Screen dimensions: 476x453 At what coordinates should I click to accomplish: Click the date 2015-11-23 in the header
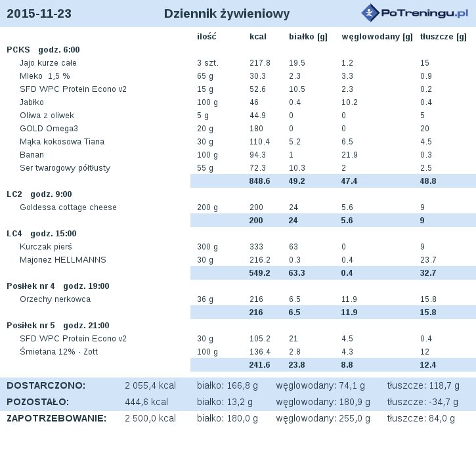[39, 14]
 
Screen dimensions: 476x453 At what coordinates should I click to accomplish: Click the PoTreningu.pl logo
[415, 12]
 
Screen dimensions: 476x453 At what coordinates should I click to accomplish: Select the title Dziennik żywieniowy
[227, 14]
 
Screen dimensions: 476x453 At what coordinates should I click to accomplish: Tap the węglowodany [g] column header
[377, 37]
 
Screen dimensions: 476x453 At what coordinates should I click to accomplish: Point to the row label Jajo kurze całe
[48, 63]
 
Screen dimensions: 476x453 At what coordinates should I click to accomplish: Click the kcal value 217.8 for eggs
[260, 63]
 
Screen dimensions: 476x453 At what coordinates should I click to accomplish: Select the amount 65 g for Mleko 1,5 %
[205, 76]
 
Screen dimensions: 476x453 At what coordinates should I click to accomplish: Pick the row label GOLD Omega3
[49, 129]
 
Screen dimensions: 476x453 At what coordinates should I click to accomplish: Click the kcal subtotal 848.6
[259, 181]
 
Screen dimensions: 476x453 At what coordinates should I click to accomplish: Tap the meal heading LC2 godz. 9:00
[39, 194]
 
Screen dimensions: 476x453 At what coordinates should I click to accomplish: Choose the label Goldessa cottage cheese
[68, 207]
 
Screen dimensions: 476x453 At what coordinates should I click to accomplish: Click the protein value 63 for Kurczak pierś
[293, 247]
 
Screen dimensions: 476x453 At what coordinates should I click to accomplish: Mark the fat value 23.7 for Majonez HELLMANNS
[428, 260]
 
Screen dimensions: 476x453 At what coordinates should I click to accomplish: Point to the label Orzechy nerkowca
[55, 299]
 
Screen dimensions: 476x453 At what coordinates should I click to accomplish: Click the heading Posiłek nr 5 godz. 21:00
[58, 326]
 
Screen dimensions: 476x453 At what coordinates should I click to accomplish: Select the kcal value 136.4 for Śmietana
[260, 352]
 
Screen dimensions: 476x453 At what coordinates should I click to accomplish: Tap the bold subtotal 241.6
[259, 365]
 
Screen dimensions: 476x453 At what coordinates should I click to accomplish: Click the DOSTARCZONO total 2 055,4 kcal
[150, 385]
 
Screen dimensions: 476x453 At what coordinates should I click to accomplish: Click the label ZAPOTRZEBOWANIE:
[56, 418]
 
